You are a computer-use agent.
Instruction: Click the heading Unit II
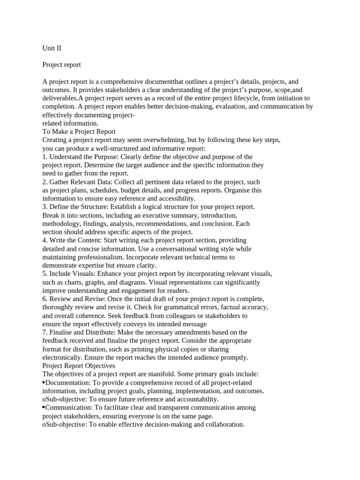[x=52, y=48]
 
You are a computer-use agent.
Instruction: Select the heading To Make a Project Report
[x=79, y=132]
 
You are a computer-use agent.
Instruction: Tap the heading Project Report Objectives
[x=79, y=366]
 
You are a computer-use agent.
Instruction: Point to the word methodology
[x=61, y=224]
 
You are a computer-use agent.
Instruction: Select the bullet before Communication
[x=44, y=408]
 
